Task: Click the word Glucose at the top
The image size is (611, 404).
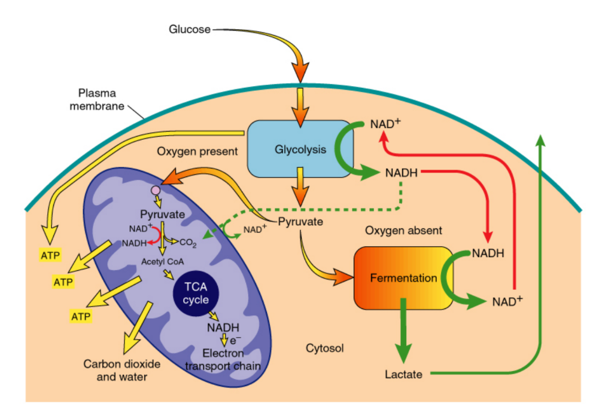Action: coord(190,29)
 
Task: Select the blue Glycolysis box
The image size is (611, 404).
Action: coord(300,149)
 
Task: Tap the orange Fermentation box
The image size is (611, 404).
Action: coord(403,278)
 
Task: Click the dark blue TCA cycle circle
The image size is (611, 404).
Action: coord(196,292)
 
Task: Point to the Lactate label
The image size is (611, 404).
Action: coord(403,375)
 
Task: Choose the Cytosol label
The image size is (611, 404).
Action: coord(324,348)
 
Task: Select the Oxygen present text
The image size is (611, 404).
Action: coord(197,152)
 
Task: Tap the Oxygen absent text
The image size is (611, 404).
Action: coord(403,230)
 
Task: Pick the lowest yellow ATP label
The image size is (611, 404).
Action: coord(81,316)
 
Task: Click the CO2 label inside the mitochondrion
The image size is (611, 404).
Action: coord(188,242)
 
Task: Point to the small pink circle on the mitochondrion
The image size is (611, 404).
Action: coord(156,190)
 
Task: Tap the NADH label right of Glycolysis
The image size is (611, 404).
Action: coord(402,173)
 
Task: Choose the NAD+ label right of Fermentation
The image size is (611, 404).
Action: coord(507,301)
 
